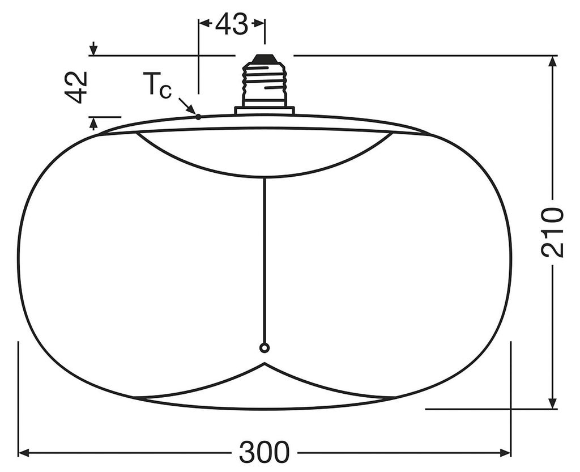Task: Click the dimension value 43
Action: pyautogui.click(x=231, y=24)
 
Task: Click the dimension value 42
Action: pyautogui.click(x=76, y=87)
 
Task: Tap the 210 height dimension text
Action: pyautogui.click(x=552, y=232)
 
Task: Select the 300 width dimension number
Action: pyautogui.click(x=263, y=452)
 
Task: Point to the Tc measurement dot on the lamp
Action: pyautogui.click(x=198, y=117)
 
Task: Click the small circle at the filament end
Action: pyautogui.click(x=264, y=348)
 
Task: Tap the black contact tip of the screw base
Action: pyautogui.click(x=264, y=58)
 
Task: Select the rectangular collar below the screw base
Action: pyautogui.click(x=265, y=110)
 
